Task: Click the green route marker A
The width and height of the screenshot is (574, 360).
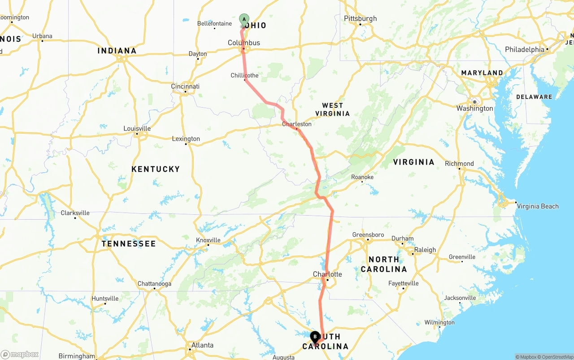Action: coord(244,19)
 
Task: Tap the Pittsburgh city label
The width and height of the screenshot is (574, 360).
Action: coord(360,18)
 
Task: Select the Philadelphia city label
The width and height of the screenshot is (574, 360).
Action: coord(524,49)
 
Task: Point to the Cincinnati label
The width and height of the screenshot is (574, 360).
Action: coord(185,86)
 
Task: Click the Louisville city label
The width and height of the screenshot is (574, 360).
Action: coord(137,129)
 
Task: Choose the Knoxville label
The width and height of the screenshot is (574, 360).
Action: coord(208,240)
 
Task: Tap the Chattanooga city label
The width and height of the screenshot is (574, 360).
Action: coord(154,284)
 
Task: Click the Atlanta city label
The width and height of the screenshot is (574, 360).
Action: coord(202,345)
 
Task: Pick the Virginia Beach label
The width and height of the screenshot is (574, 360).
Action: coord(538,206)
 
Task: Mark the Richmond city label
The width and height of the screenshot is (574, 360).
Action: coord(459,164)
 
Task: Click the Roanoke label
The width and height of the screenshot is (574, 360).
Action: coord(362,177)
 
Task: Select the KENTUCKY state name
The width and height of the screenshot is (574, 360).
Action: coord(156,169)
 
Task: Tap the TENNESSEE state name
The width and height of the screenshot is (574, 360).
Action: coord(129,244)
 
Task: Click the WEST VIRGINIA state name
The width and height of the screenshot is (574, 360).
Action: coord(332,109)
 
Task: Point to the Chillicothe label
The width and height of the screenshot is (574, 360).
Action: coord(244,75)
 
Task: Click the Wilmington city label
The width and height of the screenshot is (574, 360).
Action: coord(439,322)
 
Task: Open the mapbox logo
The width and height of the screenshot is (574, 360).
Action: coord(20,354)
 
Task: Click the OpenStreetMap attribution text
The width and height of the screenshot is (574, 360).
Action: coord(557,357)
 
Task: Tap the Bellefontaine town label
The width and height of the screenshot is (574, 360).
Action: coord(214,23)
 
